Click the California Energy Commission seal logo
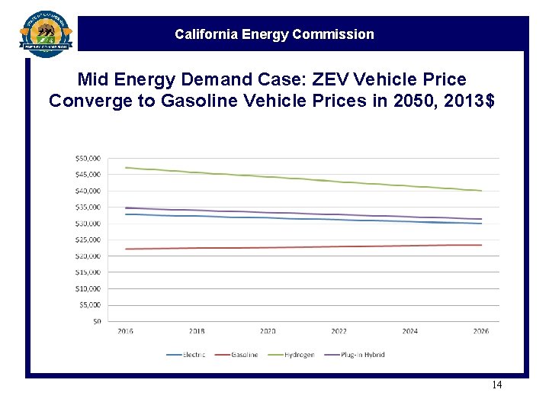[47, 34]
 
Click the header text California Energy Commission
[274, 34]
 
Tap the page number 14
[496, 385]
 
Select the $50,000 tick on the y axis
[88, 158]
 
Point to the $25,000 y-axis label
[88, 240]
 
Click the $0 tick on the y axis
[96, 321]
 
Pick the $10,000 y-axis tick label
[88, 288]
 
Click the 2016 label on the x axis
[125, 331]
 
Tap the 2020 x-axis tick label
[268, 331]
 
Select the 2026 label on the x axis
[481, 331]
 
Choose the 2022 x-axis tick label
[339, 331]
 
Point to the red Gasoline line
[305, 246]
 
